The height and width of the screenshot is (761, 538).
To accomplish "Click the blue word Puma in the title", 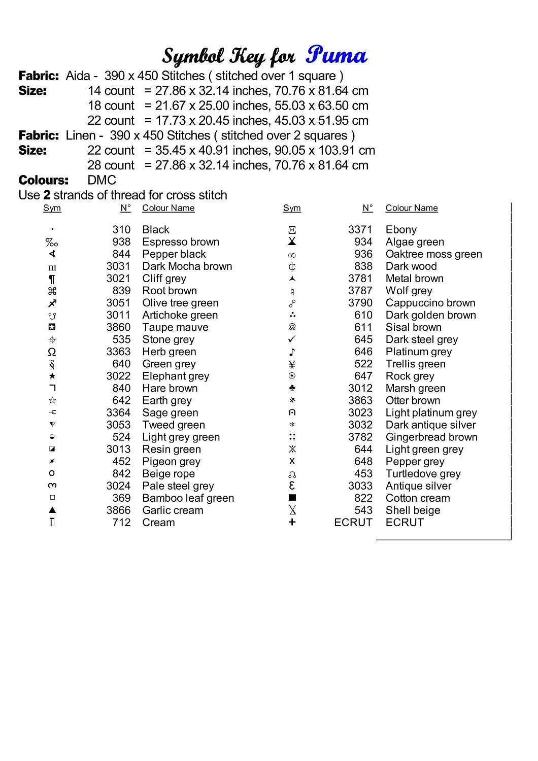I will (336, 55).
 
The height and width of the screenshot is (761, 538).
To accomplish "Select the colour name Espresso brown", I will (181, 242).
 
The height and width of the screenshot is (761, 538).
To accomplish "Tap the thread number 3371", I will (360, 230).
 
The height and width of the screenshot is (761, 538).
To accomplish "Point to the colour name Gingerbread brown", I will (431, 437).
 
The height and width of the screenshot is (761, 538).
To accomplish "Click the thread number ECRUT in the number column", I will (353, 523).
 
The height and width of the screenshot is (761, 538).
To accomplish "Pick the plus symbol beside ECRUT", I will (292, 522).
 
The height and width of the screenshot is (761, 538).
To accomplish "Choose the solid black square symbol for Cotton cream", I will (292, 498).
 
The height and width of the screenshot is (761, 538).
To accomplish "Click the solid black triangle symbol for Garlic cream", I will (52, 510).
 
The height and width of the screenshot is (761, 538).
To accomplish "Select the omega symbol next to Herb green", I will (52, 352).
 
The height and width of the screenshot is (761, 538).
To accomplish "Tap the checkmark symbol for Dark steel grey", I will (292, 339).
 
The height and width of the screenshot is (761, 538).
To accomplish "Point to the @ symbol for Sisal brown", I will (292, 327).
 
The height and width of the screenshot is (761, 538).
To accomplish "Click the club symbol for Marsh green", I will (292, 388).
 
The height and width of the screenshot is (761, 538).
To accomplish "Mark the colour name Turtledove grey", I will (423, 474).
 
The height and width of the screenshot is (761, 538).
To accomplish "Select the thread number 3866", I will (118, 510).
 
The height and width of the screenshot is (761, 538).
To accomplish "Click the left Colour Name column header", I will (168, 208).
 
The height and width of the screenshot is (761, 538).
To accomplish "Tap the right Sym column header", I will (292, 208).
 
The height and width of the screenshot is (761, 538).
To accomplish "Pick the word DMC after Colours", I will (102, 180).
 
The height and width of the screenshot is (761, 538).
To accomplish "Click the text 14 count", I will (111, 91).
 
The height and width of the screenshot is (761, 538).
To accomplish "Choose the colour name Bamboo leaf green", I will (188, 498).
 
